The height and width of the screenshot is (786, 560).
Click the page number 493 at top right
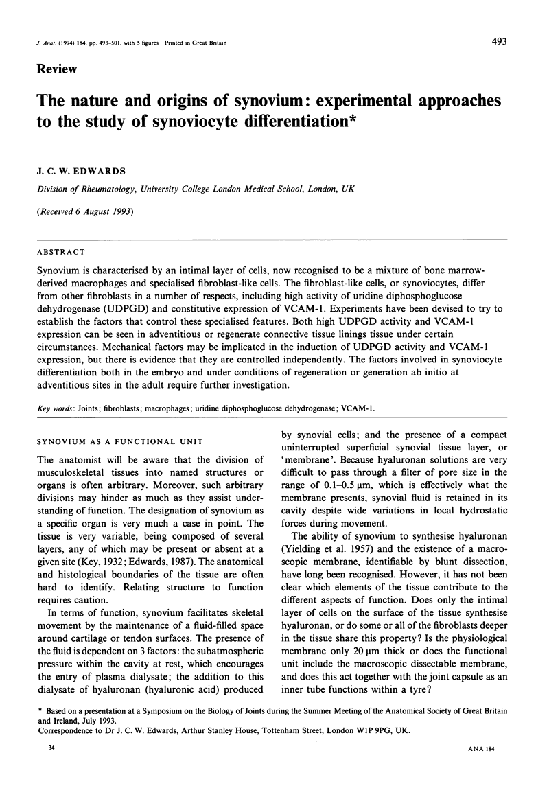point(499,42)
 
